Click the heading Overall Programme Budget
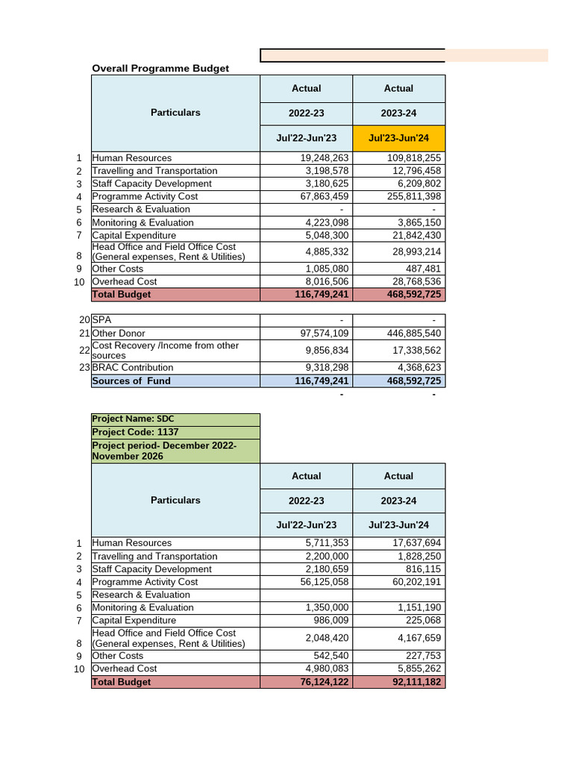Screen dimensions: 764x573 point(160,69)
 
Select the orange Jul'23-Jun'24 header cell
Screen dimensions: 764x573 point(398,138)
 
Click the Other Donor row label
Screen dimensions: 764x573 point(119,334)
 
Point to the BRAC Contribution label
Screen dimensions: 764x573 point(133,368)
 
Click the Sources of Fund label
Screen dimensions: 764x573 point(131,381)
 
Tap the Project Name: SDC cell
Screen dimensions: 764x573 point(134,419)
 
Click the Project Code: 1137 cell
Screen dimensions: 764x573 point(135,432)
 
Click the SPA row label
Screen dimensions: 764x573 point(101,320)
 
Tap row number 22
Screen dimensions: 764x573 point(84,351)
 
